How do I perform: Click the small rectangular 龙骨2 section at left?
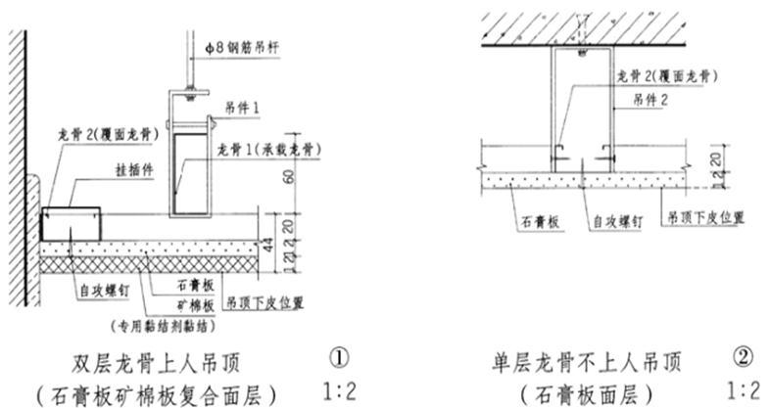pos(71,223)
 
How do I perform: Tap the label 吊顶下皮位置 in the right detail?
pos(704,214)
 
